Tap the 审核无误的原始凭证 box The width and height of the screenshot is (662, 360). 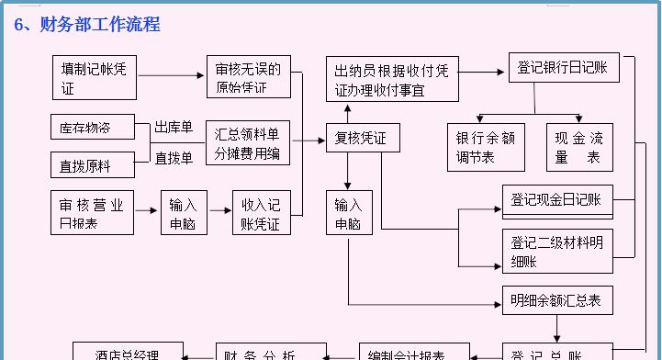coord(248,78)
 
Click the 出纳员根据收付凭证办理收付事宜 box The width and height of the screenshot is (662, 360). coord(392,79)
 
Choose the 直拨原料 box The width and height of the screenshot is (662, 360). coord(92,164)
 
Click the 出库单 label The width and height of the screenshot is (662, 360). coord(174,128)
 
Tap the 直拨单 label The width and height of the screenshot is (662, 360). coord(174,158)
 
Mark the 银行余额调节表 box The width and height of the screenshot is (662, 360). coord(486,147)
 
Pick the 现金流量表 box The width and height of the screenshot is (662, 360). coord(581,147)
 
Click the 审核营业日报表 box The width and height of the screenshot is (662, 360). coord(92,214)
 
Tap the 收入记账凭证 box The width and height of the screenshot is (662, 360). coord(261,214)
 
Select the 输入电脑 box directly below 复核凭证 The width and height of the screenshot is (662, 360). coord(348,214)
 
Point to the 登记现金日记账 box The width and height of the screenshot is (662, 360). coord(557,200)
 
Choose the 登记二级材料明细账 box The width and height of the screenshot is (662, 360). coord(557,252)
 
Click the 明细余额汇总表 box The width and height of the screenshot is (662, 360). coord(557,300)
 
